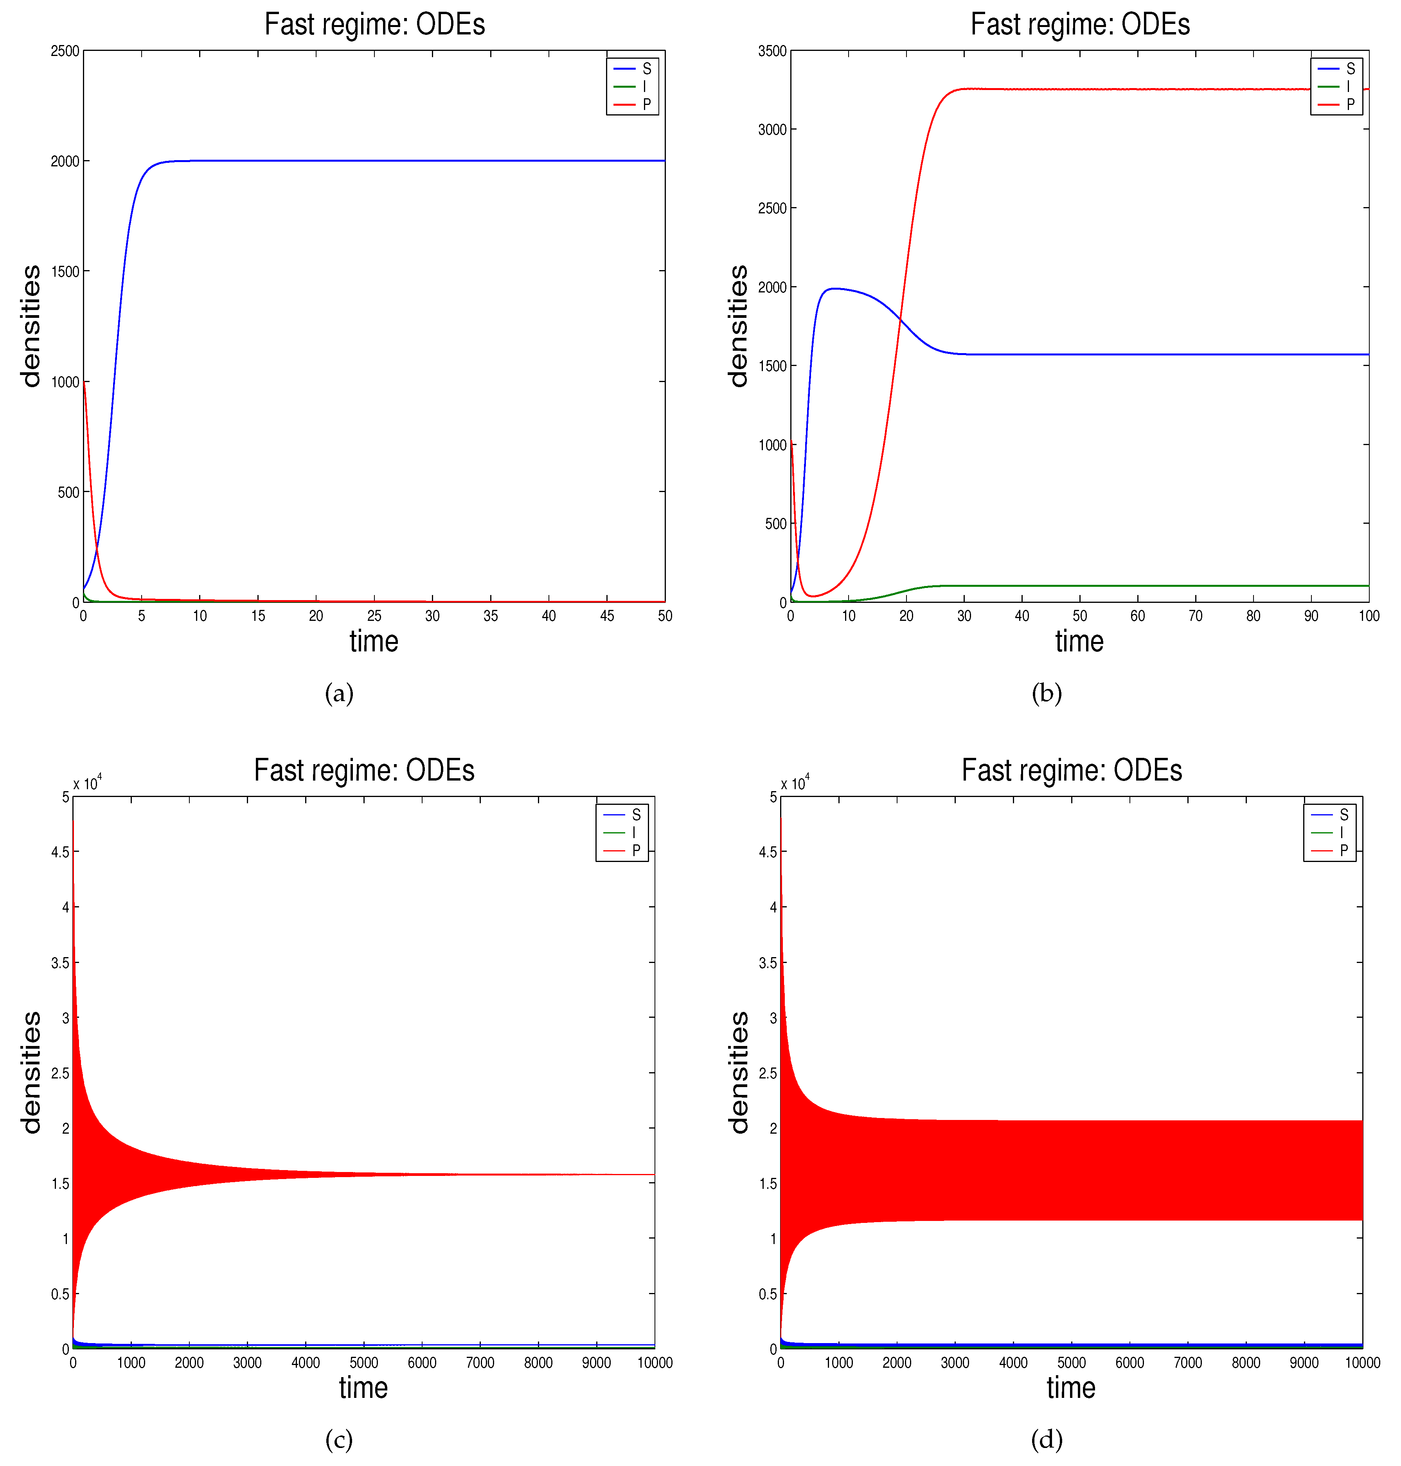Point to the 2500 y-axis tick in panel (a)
pos(65,51)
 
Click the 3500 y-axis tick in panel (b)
pos(772,51)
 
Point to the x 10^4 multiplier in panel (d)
pos(795,783)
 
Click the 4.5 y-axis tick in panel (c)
pos(60,852)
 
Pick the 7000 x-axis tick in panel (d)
pos(1187,1362)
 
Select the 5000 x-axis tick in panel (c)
pos(364,1362)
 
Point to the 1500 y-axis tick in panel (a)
pos(65,271)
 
